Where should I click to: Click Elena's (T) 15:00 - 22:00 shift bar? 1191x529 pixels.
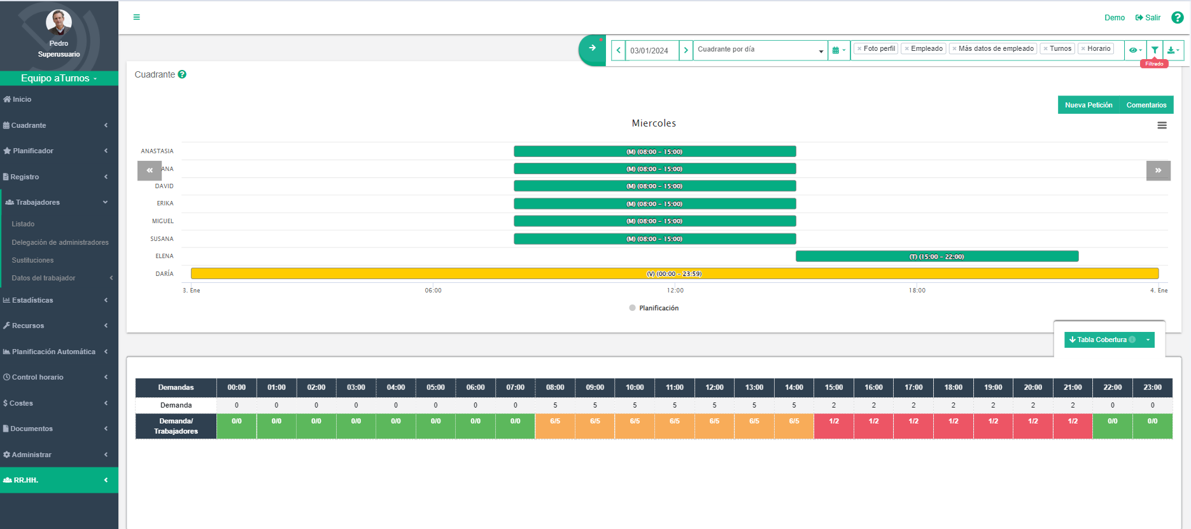936,256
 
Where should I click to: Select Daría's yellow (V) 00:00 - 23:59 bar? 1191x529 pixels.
674,273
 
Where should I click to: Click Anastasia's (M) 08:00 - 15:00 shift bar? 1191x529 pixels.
654,151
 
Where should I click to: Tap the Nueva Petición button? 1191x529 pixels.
1089,105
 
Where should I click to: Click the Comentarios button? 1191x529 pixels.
1146,105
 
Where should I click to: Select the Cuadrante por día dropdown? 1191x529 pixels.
760,50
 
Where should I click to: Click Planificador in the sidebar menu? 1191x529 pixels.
33,151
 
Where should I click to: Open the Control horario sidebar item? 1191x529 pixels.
38,377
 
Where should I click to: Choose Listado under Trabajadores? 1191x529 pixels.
23,224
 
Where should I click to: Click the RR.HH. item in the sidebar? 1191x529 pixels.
26,480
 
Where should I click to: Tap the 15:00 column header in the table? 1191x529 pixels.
833,387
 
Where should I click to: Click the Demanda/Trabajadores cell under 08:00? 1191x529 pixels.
554,425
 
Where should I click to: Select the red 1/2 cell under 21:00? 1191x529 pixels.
1072,425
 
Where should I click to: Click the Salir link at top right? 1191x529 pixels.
1148,18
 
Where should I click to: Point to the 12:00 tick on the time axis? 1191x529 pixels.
675,290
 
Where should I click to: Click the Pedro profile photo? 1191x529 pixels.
59,22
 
